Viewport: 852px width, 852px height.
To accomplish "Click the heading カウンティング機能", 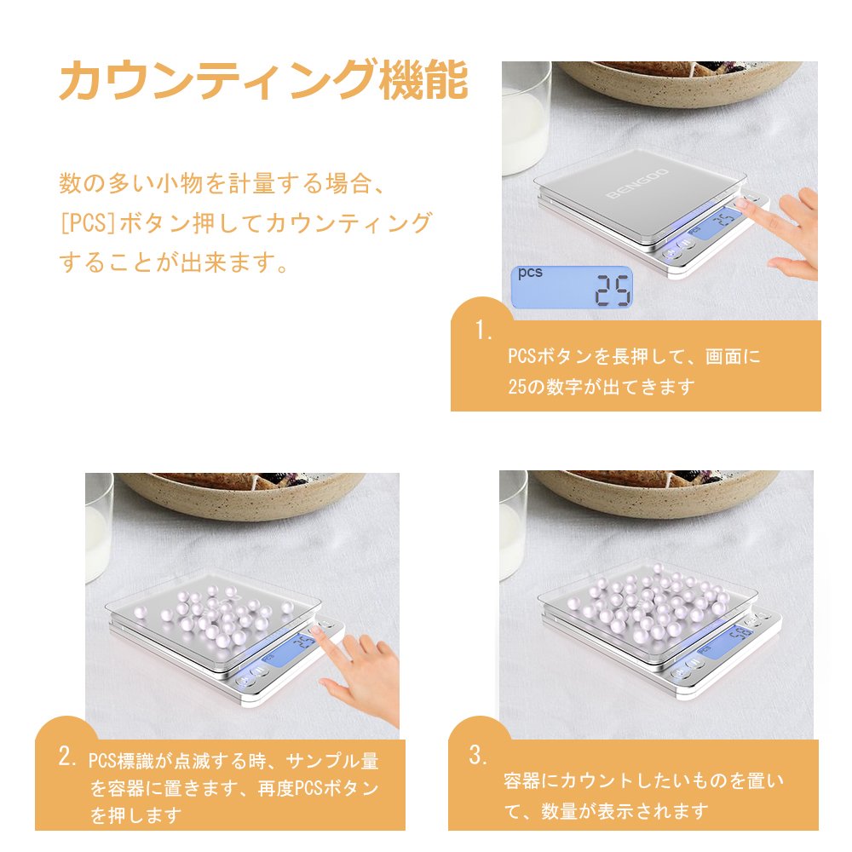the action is pos(263,80).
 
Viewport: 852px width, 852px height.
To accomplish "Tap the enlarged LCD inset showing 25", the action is pos(573,287).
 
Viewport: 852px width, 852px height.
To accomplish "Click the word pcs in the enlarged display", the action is pos(530,273).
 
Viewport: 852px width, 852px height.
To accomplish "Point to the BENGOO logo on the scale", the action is pos(637,184).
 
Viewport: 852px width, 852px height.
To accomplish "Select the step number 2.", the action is pos(67,756).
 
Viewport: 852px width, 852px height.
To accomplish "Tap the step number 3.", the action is pos(478,755).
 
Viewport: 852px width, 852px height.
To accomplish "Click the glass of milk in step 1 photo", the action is pos(525,119).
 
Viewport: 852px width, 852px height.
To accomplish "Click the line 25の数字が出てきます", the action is pos(602,387).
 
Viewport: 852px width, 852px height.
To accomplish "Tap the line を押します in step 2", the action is pos(135,815).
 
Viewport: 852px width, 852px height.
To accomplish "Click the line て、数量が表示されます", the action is pos(607,811).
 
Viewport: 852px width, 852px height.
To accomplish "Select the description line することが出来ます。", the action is pos(174,262).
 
